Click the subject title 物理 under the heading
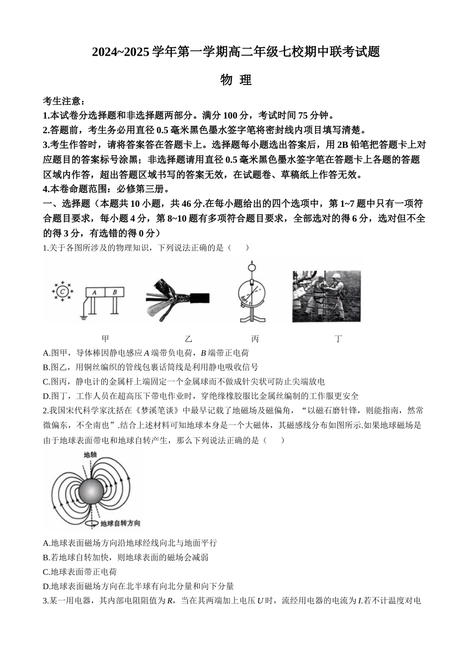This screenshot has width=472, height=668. (x=236, y=80)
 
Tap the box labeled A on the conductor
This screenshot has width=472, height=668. (x=93, y=293)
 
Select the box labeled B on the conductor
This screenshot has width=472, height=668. (x=115, y=293)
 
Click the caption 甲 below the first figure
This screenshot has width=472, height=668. (x=105, y=339)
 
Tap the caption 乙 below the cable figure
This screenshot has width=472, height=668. (x=188, y=339)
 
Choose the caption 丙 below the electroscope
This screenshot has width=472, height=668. (x=255, y=339)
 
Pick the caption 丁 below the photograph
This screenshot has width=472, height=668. (x=338, y=339)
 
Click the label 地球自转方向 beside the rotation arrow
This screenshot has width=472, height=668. (x=120, y=523)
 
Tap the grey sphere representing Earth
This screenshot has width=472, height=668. (x=91, y=493)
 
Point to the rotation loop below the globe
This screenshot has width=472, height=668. (x=92, y=523)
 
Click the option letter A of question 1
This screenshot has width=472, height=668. (x=46, y=353)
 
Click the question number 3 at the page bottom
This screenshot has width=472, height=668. (x=45, y=601)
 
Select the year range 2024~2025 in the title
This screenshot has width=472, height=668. (x=121, y=52)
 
